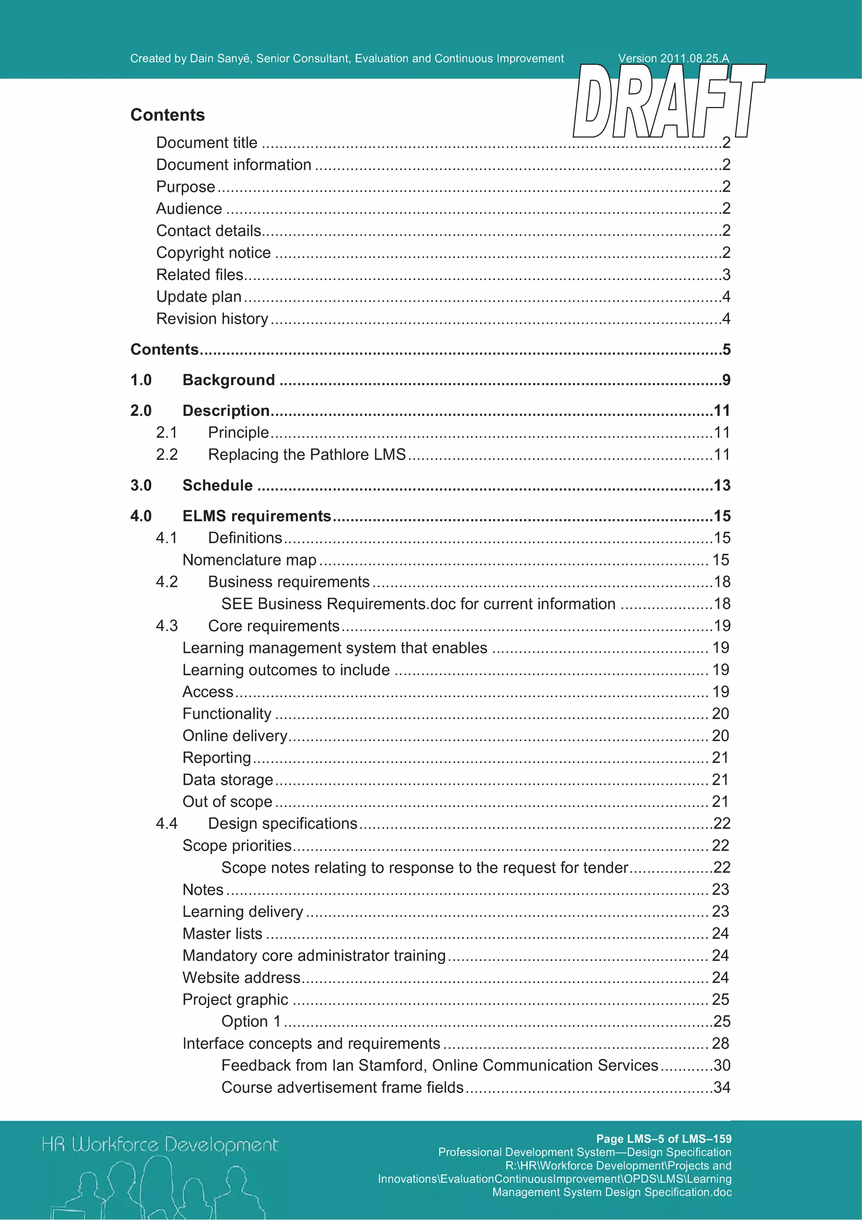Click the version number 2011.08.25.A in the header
pos(694,59)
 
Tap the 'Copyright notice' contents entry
pos(213,253)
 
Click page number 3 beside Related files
pos(726,275)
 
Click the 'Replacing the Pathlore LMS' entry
pos(306,455)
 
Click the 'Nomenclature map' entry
pos(249,560)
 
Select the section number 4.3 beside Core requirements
pos(166,626)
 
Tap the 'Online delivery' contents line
pos(235,736)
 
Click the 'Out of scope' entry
pos(227,802)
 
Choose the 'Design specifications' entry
pos(282,823)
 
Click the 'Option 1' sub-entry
pos(251,1021)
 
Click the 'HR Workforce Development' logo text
pos(160,1145)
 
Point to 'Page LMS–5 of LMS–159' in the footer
pos(663,1139)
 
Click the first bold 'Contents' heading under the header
pos(167,115)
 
